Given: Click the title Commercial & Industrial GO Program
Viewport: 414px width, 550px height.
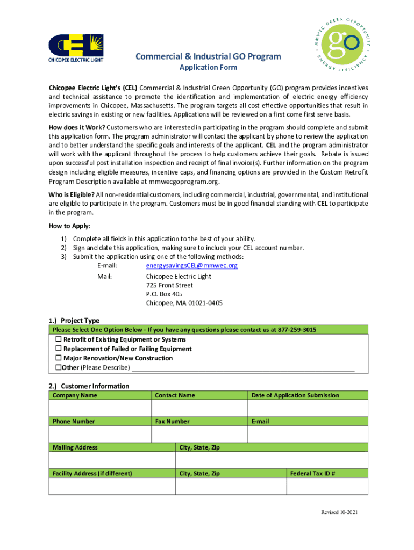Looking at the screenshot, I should (208, 56).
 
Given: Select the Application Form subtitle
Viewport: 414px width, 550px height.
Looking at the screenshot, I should (208, 68).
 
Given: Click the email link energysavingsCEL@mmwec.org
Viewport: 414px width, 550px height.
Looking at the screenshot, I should (191, 265).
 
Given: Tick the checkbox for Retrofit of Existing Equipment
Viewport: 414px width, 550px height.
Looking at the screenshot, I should (59, 339).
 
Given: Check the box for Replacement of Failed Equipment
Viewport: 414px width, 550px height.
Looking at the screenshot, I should (59, 349).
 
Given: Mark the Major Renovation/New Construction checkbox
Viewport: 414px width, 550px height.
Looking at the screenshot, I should (59, 358).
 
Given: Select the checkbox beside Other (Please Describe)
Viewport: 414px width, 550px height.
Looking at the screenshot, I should (59, 367).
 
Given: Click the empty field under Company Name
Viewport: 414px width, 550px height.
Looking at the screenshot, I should (100, 408).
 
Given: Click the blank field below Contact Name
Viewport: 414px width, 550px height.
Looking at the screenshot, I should (199, 408).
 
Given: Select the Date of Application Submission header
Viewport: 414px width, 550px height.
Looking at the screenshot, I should (295, 395).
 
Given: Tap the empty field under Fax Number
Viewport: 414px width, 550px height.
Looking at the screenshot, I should (199, 434).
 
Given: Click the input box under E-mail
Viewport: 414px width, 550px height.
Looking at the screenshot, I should (308, 434).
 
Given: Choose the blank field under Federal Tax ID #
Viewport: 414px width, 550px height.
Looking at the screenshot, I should (327, 486).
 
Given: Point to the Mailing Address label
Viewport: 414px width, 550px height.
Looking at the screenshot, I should (75, 447).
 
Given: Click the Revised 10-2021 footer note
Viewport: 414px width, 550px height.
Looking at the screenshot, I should (339, 512).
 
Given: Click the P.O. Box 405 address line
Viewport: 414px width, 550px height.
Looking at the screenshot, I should (164, 294).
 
